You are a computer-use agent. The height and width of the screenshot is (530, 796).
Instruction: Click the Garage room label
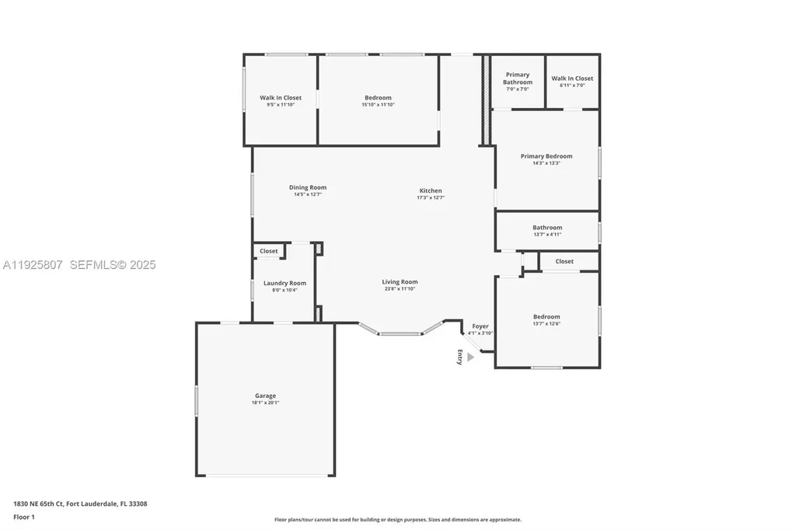(265, 396)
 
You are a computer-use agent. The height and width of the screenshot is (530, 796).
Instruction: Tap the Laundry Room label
(285, 284)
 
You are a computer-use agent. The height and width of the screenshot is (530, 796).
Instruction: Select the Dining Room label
(308, 187)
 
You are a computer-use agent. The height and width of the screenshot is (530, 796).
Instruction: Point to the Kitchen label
(431, 190)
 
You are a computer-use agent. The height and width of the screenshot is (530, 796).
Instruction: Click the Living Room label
(400, 282)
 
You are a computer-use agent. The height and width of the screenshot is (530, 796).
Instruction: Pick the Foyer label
(480, 326)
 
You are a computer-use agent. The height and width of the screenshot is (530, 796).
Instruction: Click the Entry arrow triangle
(470, 357)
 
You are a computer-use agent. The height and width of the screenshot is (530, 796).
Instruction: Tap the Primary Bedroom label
(546, 156)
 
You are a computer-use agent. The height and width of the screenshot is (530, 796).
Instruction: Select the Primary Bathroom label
(518, 78)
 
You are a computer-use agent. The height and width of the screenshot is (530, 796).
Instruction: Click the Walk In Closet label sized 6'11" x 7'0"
(572, 78)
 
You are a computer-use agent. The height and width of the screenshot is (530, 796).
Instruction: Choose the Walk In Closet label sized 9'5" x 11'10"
(281, 98)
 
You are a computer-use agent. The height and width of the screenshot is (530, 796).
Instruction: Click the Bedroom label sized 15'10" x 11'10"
(378, 98)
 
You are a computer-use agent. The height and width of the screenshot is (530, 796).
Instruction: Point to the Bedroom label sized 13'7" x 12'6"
(546, 316)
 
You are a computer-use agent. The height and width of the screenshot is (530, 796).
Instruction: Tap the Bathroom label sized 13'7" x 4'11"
(546, 228)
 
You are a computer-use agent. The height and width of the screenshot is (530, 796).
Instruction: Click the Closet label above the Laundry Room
(269, 251)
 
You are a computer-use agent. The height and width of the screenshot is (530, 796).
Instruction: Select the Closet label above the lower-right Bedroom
(564, 261)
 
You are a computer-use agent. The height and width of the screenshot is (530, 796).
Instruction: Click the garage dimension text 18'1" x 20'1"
(265, 403)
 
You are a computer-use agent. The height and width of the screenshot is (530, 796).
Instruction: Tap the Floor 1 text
(24, 516)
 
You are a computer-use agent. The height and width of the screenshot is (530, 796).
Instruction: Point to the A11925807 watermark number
(33, 265)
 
